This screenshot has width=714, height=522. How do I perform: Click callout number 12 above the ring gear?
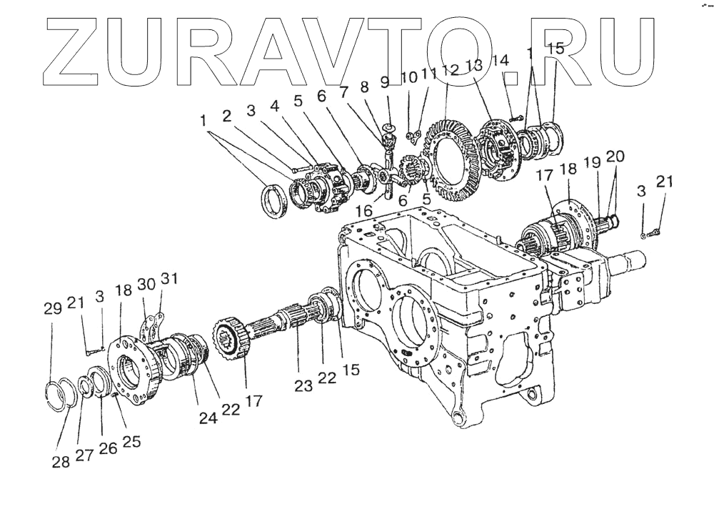(x=450, y=71)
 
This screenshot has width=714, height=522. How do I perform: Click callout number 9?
(x=386, y=83)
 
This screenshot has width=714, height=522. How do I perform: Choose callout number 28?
(x=60, y=462)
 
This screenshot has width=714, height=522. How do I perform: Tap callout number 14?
(x=500, y=61)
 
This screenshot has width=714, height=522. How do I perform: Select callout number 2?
(x=226, y=116)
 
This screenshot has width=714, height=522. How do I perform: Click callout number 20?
(x=615, y=157)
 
